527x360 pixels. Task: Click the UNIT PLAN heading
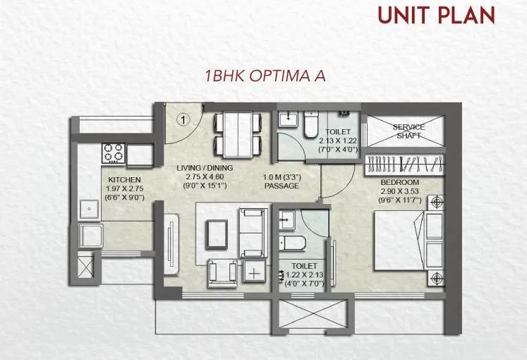tap(445, 16)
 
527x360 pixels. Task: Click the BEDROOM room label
tap(399, 181)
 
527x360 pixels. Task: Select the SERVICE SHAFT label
tap(408, 131)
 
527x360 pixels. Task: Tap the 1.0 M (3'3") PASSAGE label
tap(281, 181)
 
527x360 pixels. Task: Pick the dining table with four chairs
tap(238, 133)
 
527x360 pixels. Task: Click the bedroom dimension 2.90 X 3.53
tap(399, 191)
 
